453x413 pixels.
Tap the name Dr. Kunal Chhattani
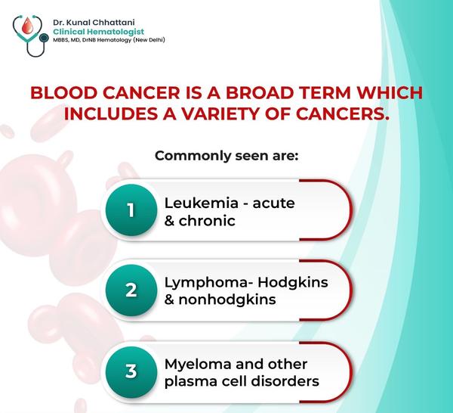click(94, 22)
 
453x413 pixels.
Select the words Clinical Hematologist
click(98, 32)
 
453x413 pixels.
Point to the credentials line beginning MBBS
click(109, 40)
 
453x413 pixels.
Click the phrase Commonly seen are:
click(226, 156)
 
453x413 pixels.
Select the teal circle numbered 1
click(131, 210)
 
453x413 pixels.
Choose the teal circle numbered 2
click(131, 290)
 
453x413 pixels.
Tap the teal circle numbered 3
click(131, 371)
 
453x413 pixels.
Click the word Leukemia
click(201, 203)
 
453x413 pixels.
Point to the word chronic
click(207, 221)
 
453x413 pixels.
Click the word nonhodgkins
click(227, 300)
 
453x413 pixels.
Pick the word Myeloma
click(198, 365)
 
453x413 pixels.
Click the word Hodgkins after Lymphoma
click(293, 283)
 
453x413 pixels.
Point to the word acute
click(273, 203)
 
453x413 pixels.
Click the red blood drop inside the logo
click(27, 25)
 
